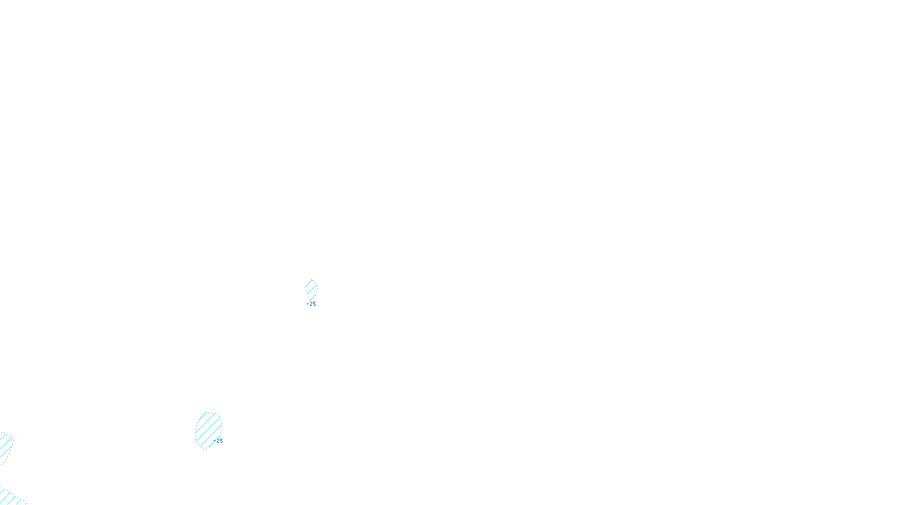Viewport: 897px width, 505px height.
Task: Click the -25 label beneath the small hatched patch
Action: point(312,304)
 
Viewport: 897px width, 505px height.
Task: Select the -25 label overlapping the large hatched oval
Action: point(219,441)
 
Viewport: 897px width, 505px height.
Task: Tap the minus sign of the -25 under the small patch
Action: point(308,304)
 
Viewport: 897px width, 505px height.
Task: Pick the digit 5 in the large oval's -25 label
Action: point(221,441)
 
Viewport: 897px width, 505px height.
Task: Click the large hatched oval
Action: point(207,430)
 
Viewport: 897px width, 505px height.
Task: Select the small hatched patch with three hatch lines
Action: point(311,290)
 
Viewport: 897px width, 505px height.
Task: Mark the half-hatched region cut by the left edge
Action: point(5,447)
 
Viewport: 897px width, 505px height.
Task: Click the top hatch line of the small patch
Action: point(309,283)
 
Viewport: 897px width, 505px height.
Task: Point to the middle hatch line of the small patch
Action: point(311,290)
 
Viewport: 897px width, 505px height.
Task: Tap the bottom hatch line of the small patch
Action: point(312,296)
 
